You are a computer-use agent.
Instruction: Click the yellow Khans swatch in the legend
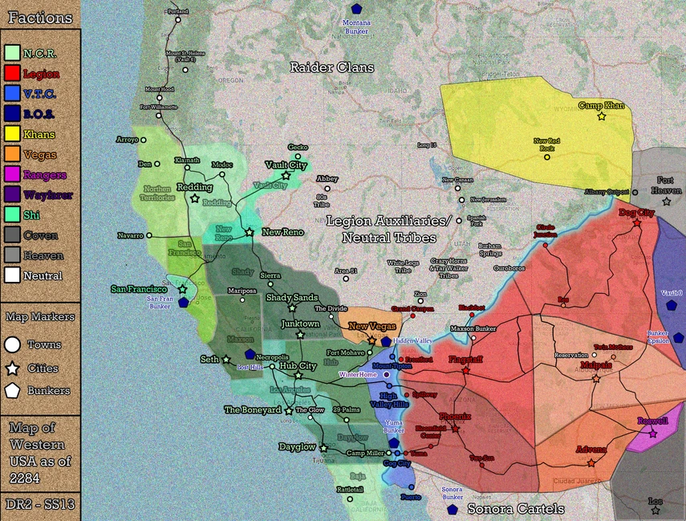[x=12, y=134]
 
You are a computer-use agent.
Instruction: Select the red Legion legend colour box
[x=12, y=74]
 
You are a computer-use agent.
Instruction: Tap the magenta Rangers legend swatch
[x=12, y=174]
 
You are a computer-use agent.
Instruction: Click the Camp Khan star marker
[x=601, y=116]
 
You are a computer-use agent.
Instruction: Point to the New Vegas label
[x=371, y=328]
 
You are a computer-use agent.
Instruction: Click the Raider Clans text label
[x=332, y=67]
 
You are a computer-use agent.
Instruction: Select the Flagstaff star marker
[x=465, y=371]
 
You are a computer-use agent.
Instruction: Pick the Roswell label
[x=651, y=421]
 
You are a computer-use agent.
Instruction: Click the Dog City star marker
[x=636, y=222]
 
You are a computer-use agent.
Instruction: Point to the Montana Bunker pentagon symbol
[x=355, y=9]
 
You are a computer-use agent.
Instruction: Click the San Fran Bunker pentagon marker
[x=184, y=303]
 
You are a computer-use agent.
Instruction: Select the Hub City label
[x=297, y=365]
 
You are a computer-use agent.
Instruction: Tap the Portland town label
[x=177, y=11]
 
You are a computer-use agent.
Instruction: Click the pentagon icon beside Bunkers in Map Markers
[x=13, y=391]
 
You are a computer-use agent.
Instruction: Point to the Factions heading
[x=40, y=17]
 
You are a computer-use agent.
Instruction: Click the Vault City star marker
[x=285, y=175]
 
